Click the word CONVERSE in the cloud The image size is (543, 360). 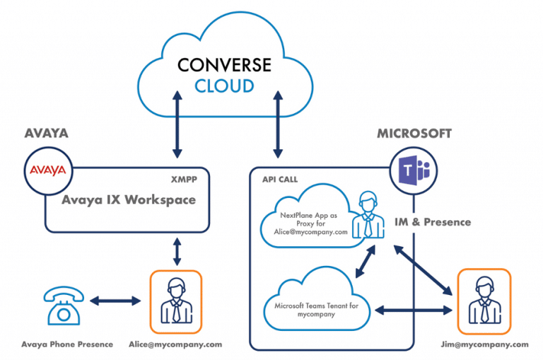tap(224, 65)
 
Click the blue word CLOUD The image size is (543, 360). tap(224, 86)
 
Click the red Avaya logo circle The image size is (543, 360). tap(46, 170)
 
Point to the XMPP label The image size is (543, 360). tap(184, 180)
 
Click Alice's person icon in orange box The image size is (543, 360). tap(175, 301)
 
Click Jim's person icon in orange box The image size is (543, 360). tap(484, 301)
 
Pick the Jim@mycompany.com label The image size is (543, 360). tap(484, 344)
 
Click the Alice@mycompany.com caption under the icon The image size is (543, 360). tap(175, 344)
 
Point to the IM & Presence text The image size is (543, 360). tap(433, 222)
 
